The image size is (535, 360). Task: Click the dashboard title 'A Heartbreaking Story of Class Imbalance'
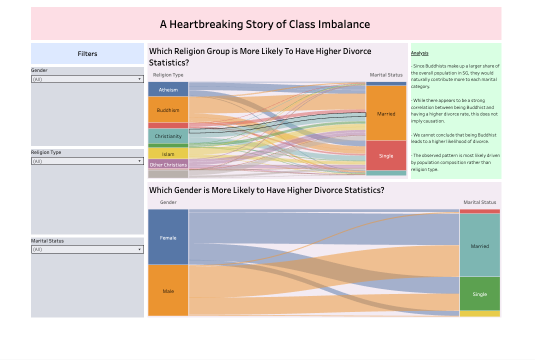click(265, 24)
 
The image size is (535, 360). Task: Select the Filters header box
click(87, 53)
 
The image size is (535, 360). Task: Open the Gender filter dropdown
click(87, 79)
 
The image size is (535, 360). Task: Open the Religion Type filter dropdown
click(87, 161)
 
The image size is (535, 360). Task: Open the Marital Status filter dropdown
click(87, 249)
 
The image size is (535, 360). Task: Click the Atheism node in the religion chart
click(168, 89)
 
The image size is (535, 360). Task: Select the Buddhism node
click(168, 110)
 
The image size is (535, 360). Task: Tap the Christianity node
click(168, 136)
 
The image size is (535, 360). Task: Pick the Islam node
click(168, 154)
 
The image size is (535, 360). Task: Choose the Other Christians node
click(168, 164)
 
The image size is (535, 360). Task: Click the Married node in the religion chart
click(386, 113)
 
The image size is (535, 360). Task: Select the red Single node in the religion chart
click(386, 155)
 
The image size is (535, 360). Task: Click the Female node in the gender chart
click(168, 237)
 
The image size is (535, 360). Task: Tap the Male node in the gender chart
click(168, 291)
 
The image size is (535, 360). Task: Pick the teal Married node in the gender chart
click(479, 246)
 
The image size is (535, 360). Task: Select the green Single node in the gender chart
click(479, 294)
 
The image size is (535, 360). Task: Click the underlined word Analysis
click(419, 53)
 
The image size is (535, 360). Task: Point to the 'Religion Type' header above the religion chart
click(168, 75)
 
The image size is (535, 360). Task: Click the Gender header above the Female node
click(168, 202)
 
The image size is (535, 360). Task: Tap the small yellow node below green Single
click(479, 313)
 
